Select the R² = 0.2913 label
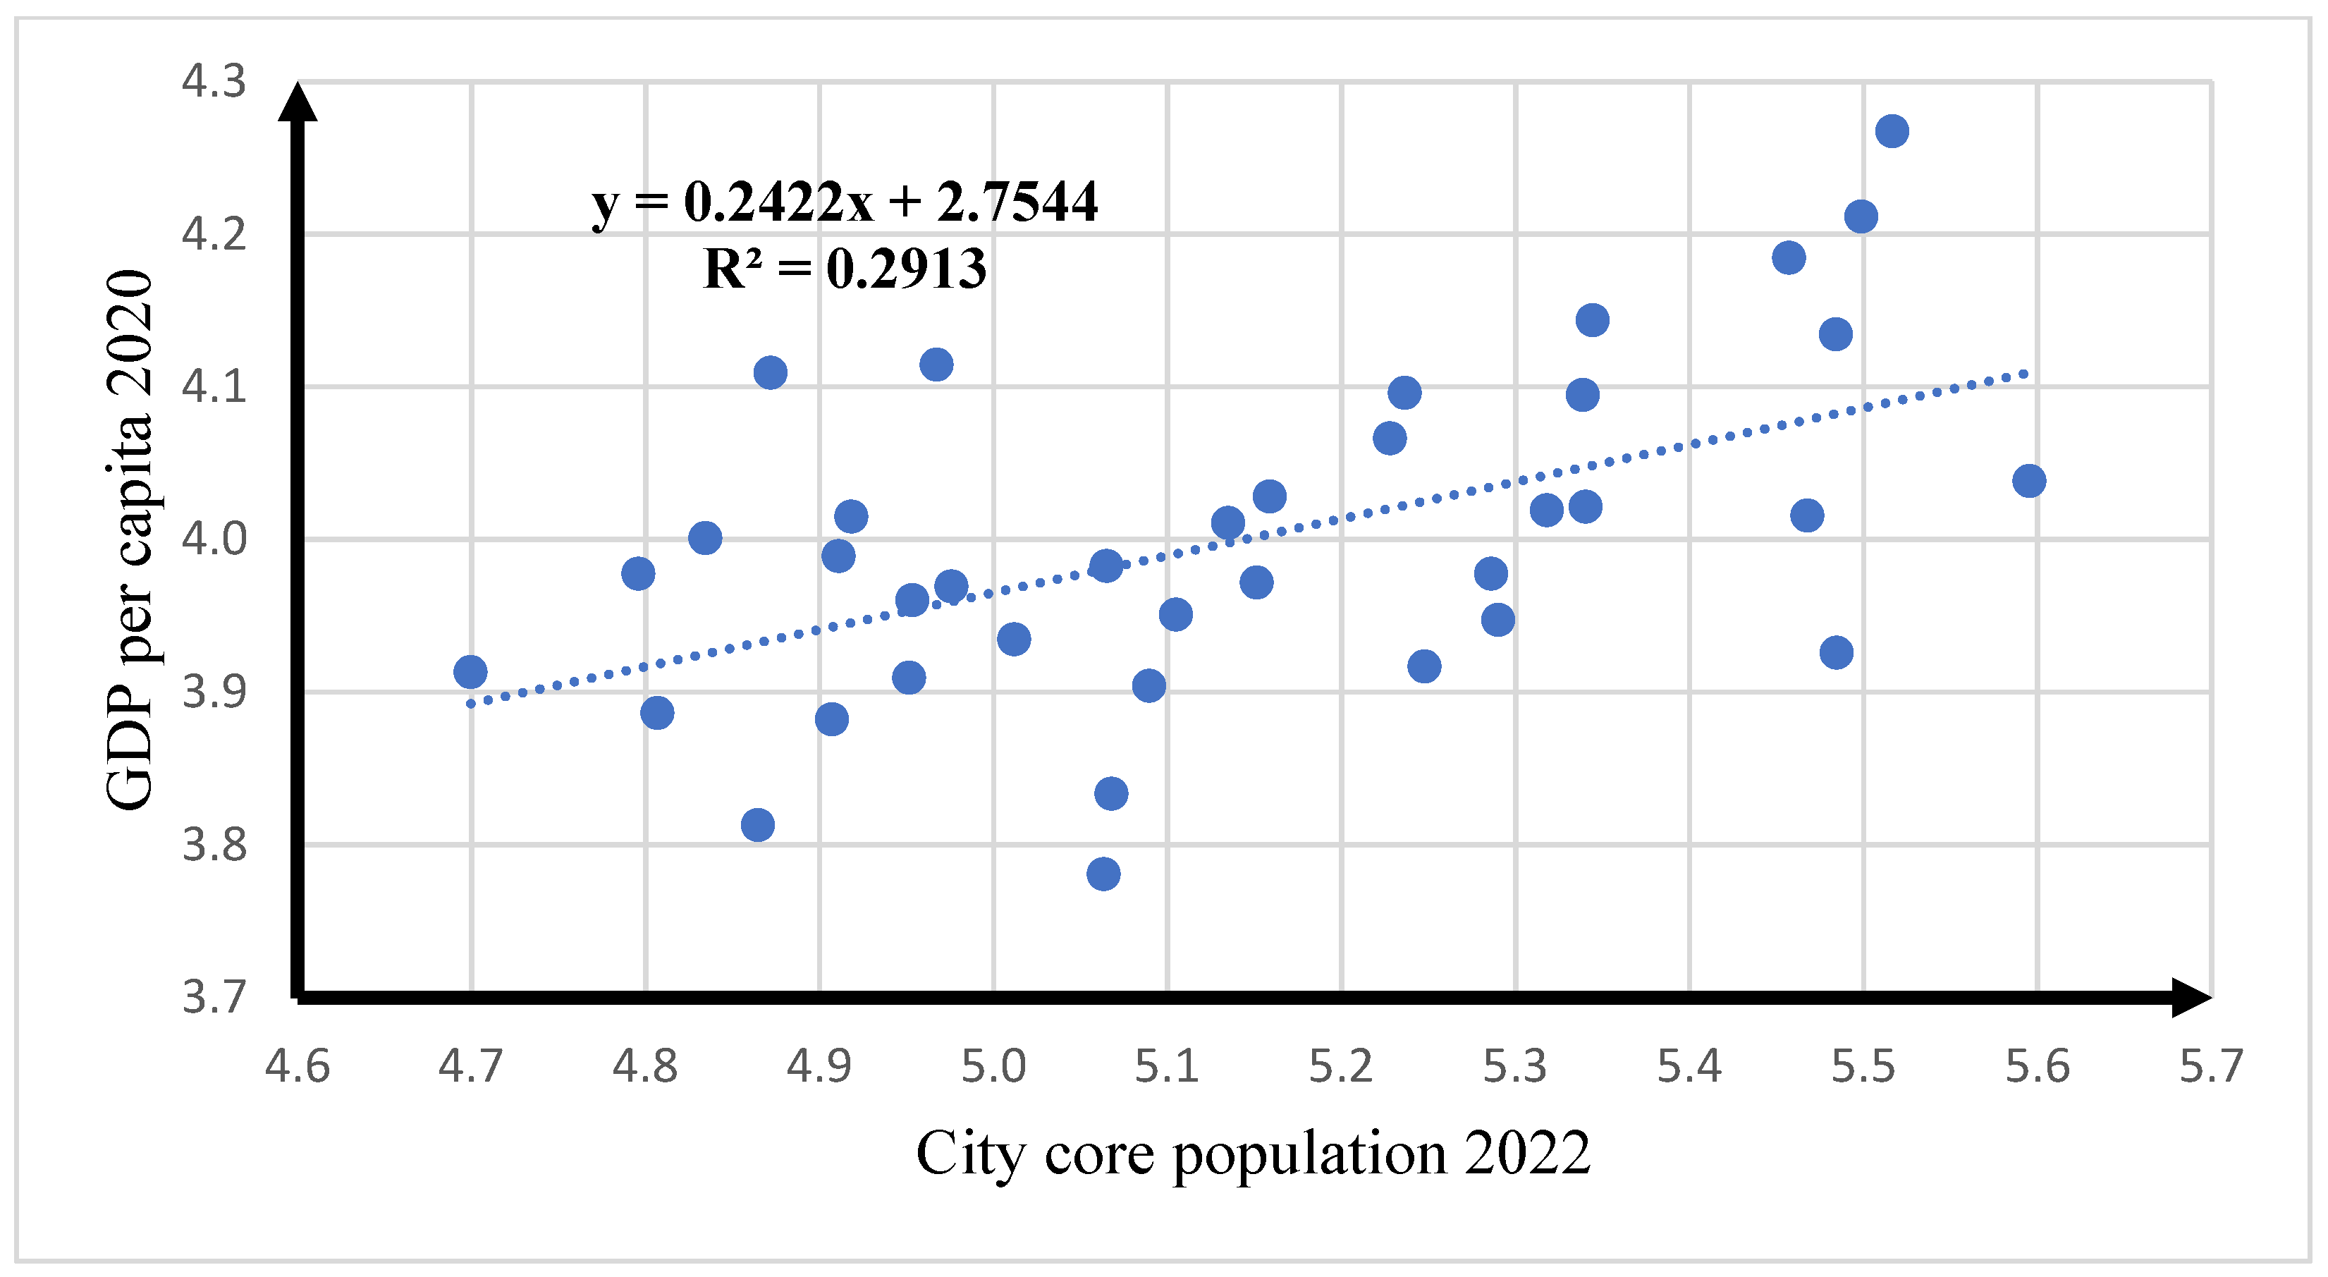coord(845,269)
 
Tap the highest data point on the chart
coord(1892,131)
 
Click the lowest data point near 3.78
coord(1103,874)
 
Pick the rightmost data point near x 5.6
coord(2029,481)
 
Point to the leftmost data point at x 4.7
coord(470,671)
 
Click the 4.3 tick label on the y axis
coord(214,81)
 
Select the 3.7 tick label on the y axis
coord(214,997)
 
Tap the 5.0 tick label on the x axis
coord(993,1066)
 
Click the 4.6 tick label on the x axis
coord(298,1066)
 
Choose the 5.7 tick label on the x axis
coord(2210,1066)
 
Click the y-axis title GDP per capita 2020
coord(129,539)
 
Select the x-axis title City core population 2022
coord(1254,1154)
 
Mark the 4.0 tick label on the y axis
coord(214,539)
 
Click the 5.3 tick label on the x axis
coord(1516,1066)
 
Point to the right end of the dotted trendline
coord(2026,373)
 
